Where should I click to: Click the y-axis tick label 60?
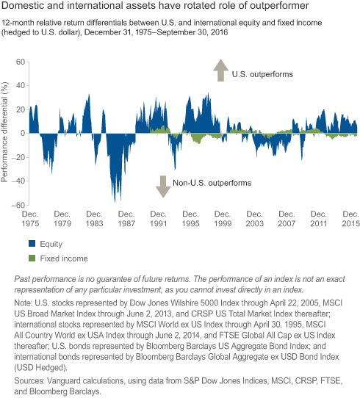(21, 62)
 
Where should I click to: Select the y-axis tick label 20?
(21, 109)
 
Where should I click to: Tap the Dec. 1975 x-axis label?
(30, 219)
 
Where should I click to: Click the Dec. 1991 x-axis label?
(159, 219)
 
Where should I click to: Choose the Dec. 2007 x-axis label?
(287, 219)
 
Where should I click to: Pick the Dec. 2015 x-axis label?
(351, 219)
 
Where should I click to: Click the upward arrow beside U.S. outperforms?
(221, 70)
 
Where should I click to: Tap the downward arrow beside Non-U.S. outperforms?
(163, 187)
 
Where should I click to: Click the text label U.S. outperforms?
(262, 74)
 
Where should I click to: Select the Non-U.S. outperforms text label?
(212, 183)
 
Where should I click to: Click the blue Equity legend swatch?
(32, 244)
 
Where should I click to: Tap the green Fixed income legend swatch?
(32, 258)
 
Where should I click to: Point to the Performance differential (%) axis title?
(4, 132)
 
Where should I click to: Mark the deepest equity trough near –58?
(115, 202)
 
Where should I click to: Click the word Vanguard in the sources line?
(66, 380)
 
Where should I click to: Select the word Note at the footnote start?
(22, 303)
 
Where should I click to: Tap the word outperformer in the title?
(279, 6)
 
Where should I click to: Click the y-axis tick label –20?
(18, 157)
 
